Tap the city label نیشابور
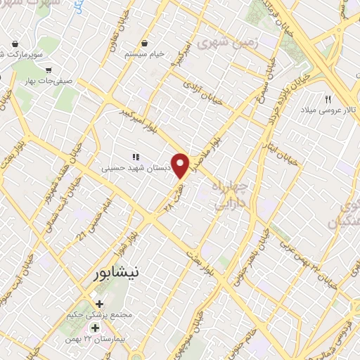point(113,274)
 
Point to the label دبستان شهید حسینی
point(126,168)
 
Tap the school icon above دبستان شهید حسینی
point(136,157)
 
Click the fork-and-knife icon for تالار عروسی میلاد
point(328,100)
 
